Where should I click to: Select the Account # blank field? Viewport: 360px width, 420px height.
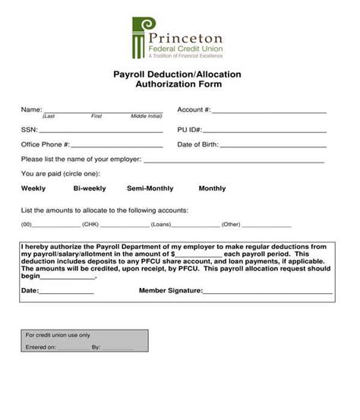[269, 111]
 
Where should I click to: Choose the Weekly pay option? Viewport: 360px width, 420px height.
[33, 188]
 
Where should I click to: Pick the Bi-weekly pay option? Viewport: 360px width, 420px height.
[89, 188]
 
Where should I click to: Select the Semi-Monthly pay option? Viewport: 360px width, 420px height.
[150, 188]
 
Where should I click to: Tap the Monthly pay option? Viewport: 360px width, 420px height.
[212, 188]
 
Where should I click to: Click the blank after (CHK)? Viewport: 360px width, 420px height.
[123, 226]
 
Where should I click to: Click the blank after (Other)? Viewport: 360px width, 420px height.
[266, 226]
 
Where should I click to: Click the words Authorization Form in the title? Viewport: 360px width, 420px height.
[177, 85]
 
